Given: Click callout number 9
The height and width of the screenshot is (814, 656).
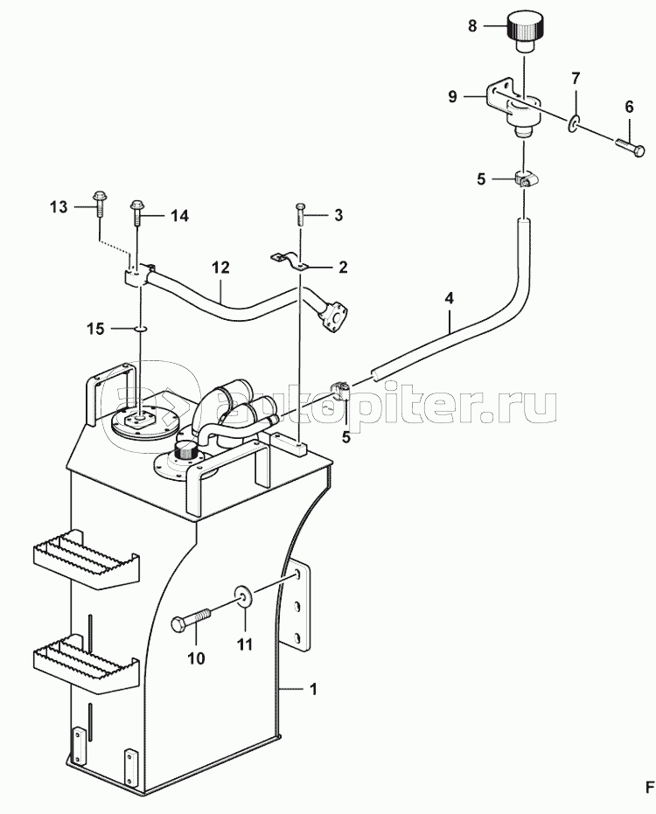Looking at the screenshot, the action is pos(452,96).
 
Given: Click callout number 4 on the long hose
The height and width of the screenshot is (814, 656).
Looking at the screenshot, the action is pos(450,298).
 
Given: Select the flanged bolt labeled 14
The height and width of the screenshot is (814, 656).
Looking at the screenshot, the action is pos(137,212).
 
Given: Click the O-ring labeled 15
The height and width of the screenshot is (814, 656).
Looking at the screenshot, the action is pos(141,328).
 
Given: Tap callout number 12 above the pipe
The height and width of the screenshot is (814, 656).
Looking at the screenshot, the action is pos(220,268).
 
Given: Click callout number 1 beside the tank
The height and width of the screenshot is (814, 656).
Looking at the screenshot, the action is pos(312,689).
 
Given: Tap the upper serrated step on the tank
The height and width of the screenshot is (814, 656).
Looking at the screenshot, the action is pos(87,560).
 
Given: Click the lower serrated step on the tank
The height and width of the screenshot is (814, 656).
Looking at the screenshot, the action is pos(87,663).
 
